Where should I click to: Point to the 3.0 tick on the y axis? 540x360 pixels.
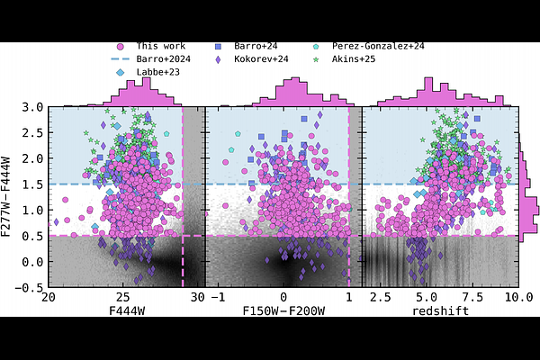click(x=33, y=106)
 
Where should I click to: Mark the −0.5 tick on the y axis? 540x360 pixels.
click(x=30, y=288)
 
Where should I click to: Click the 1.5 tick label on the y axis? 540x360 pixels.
click(x=33, y=184)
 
